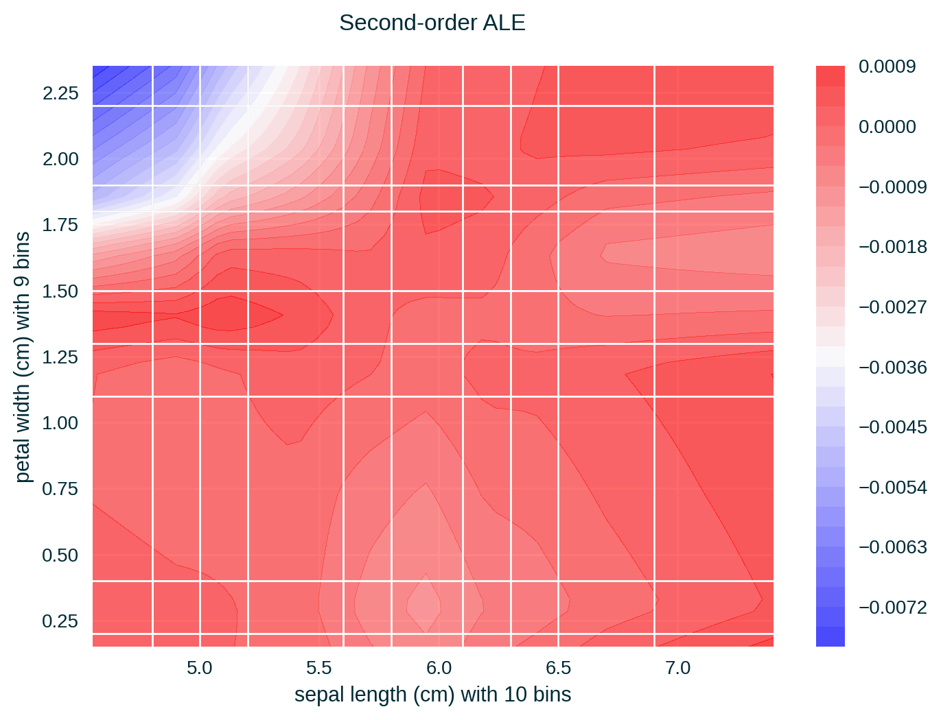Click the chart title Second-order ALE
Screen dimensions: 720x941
[x=432, y=23]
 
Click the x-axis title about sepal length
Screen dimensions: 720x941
[x=432, y=695]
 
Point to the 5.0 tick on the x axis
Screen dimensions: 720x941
[x=199, y=668]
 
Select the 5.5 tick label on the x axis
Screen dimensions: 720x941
[x=318, y=668]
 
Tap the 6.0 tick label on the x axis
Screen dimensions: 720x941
[x=439, y=668]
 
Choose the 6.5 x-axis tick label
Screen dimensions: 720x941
[x=558, y=668]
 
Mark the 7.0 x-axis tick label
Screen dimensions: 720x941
[x=678, y=668]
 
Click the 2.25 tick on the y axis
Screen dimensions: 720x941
[x=60, y=93]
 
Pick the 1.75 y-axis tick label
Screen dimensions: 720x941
[x=60, y=225]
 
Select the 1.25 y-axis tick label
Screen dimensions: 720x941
[x=60, y=357]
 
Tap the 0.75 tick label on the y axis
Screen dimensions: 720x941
[x=60, y=489]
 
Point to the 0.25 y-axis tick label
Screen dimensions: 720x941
[x=60, y=621]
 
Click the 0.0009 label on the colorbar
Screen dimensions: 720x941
[x=887, y=67]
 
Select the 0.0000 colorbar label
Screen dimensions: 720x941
[x=887, y=127]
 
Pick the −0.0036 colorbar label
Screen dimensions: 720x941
[x=892, y=368]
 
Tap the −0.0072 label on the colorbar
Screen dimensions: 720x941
[x=892, y=608]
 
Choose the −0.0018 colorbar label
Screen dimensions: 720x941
[x=892, y=247]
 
